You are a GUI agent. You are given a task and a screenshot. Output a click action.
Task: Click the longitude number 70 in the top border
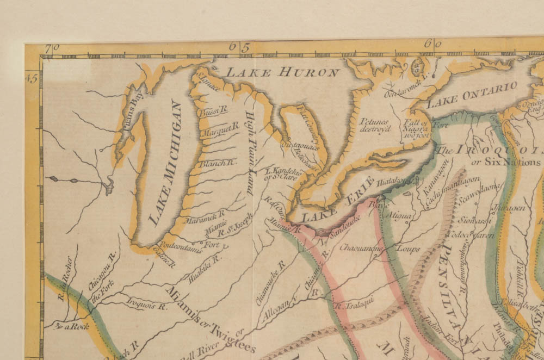coord(50,48)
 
